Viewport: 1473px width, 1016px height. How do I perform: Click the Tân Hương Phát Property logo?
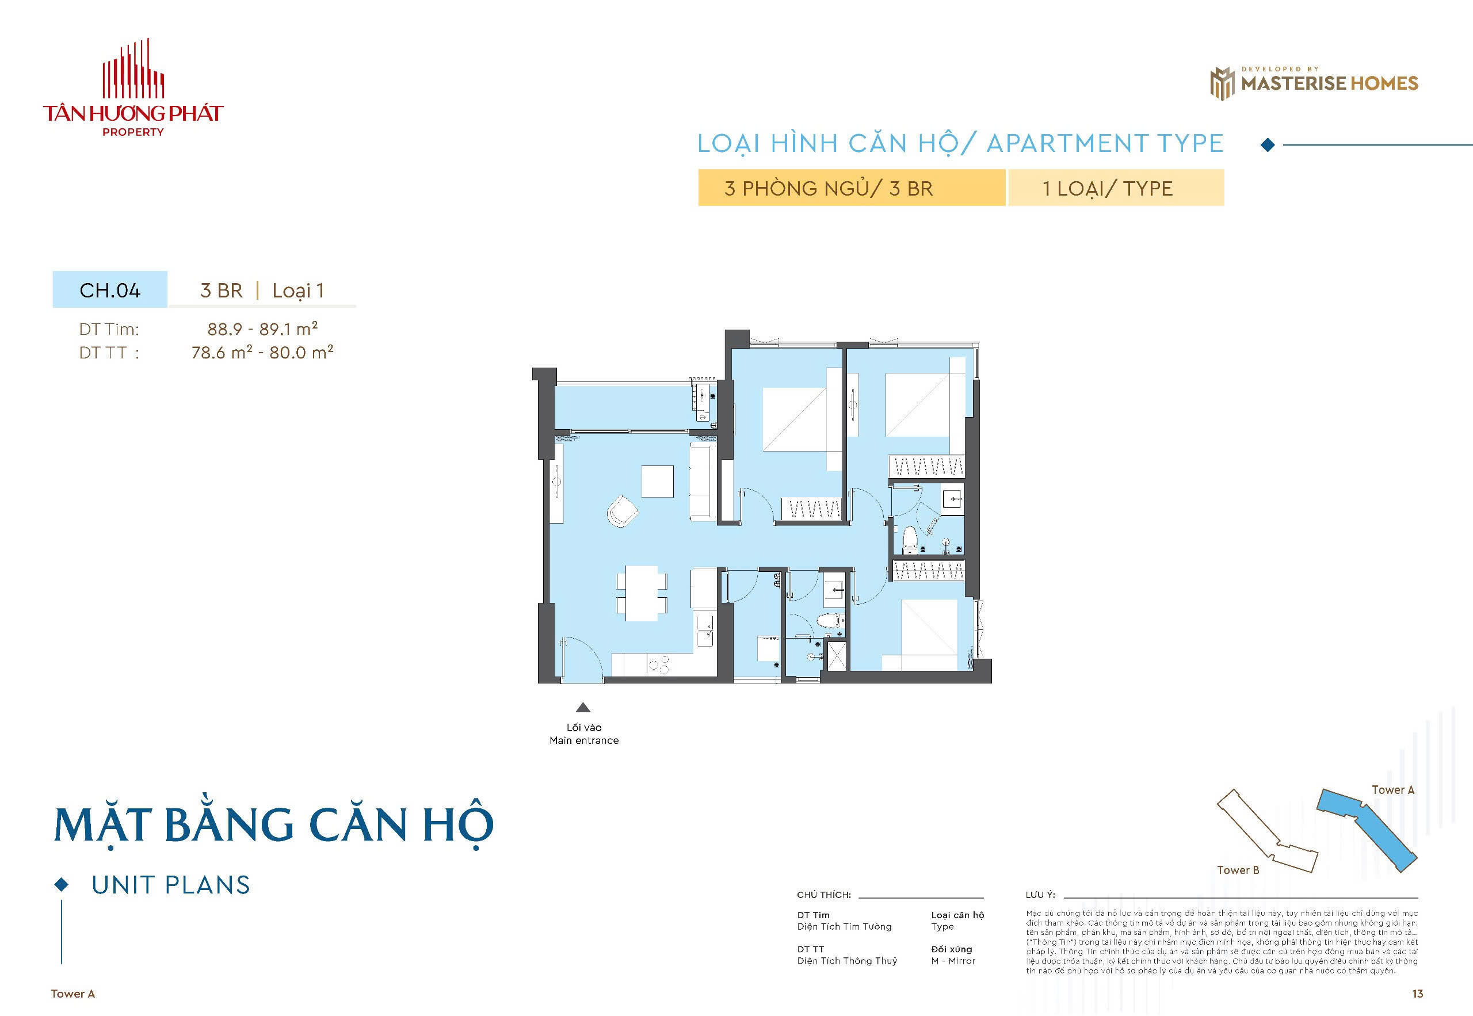pos(133,89)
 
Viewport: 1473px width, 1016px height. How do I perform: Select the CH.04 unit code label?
pos(109,291)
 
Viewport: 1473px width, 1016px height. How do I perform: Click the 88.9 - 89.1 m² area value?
pos(262,329)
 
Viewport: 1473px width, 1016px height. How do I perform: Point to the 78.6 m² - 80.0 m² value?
pos(262,353)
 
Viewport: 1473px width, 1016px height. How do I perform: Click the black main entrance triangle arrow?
pos(583,707)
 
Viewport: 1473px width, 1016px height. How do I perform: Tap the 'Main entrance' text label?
pos(583,740)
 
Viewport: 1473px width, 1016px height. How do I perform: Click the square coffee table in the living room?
pos(657,482)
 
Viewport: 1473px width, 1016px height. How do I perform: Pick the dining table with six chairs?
pos(642,593)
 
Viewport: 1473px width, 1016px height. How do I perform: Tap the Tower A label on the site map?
pos(1393,790)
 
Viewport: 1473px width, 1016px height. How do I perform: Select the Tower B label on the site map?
pos(1238,870)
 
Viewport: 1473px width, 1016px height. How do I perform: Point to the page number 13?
pos(1417,994)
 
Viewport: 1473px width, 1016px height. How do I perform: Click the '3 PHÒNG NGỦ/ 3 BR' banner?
pos(851,189)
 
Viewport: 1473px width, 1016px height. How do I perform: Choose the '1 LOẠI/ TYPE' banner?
pos(1115,189)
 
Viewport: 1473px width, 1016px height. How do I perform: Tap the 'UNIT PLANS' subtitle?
pos(170,885)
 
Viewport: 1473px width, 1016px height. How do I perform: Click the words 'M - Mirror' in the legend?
pos(953,961)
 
